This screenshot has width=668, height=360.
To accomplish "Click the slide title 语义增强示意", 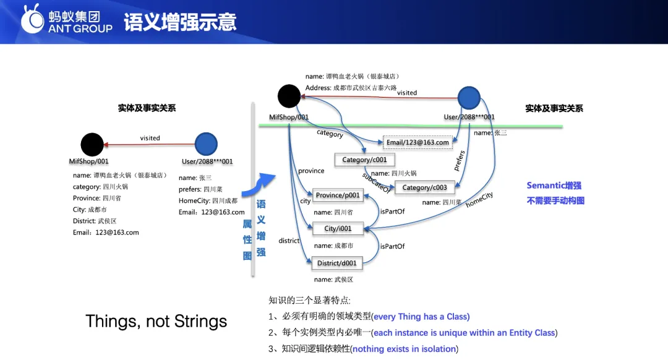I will [x=180, y=22].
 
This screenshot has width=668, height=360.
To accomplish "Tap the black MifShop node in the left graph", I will [x=92, y=144].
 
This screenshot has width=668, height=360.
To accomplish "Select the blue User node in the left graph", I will [x=206, y=144].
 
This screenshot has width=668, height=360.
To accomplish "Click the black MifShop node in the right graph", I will [x=289, y=96].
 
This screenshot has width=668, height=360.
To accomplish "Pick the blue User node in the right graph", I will [x=469, y=98].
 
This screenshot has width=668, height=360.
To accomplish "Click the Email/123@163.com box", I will [x=417, y=142].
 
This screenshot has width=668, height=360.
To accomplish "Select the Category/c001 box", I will [x=364, y=160].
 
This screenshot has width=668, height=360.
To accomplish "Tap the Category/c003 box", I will [x=424, y=187].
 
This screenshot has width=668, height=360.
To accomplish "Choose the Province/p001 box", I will [x=338, y=195].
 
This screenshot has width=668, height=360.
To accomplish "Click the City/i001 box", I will [x=338, y=228].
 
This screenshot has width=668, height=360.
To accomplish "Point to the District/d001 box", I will [x=337, y=263].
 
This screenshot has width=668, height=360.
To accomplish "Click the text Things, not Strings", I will [x=156, y=321].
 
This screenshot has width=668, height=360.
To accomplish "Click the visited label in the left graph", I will [x=150, y=138].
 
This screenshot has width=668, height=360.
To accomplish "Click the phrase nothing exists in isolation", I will [x=405, y=349].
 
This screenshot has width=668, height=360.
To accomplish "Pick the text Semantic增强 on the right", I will [x=554, y=185].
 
